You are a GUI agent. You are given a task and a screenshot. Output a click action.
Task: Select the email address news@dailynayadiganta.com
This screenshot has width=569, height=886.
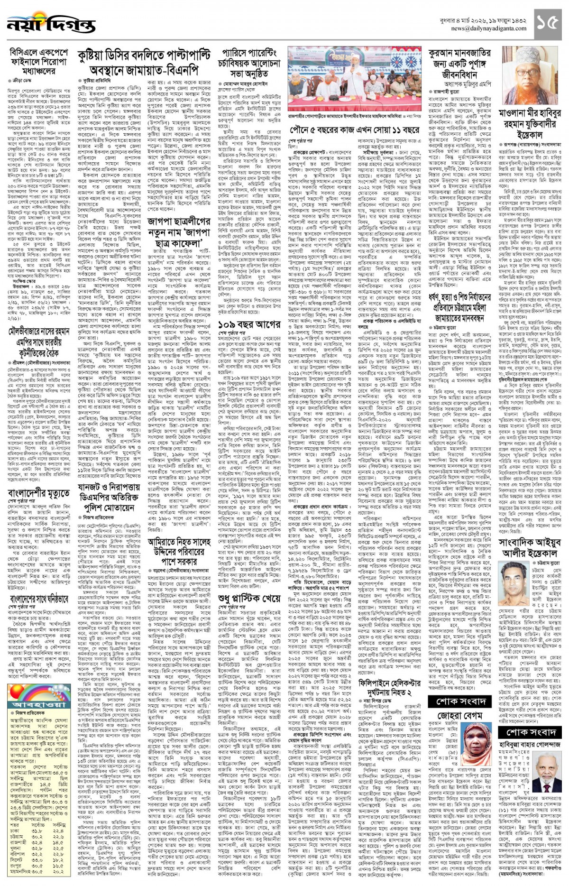point(488,28)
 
